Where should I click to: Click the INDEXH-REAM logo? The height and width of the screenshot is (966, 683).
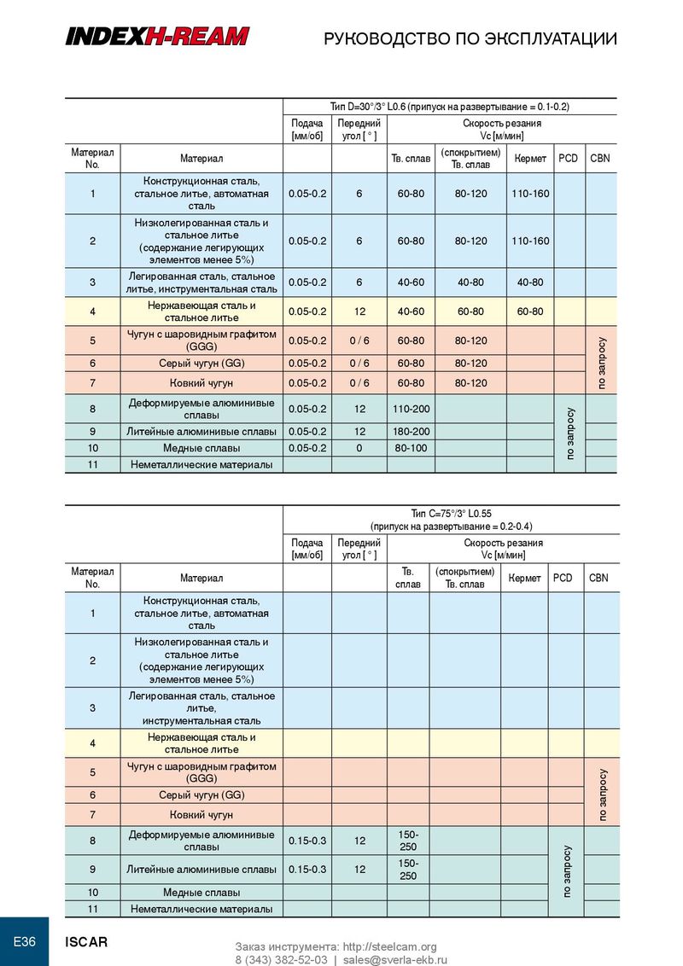point(158,36)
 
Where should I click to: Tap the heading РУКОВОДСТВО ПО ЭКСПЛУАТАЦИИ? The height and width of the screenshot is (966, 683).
point(470,38)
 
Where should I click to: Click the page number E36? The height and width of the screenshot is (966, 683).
point(24,942)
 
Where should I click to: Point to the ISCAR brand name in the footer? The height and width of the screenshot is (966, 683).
point(87,942)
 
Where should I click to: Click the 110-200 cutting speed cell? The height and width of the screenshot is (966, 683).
point(411,410)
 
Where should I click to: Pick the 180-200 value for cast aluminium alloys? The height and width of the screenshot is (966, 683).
point(411,431)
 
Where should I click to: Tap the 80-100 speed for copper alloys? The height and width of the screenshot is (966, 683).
point(411,448)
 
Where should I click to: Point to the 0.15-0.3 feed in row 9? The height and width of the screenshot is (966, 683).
point(307,870)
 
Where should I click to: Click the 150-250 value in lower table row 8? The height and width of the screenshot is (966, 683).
point(408,840)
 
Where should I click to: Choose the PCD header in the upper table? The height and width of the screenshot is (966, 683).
point(567,158)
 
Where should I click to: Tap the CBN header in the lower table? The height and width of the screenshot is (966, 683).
point(598,578)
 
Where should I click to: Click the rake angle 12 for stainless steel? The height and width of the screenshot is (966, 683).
point(359,311)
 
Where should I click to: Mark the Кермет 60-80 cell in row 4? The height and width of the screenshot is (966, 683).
point(530,311)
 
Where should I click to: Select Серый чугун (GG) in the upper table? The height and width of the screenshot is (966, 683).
point(202,364)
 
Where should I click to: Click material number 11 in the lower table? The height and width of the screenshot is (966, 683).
point(92,909)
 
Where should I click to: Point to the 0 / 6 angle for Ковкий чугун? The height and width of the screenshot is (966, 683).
point(359,382)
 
